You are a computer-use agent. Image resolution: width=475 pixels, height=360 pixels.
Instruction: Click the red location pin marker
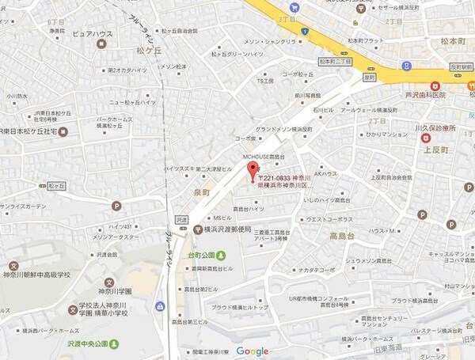click(254, 176)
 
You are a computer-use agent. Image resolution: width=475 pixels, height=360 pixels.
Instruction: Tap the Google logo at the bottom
click(252, 351)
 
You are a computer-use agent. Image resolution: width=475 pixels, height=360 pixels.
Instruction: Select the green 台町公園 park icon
click(221, 256)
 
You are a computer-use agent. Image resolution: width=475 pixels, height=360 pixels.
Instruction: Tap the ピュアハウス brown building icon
click(101, 46)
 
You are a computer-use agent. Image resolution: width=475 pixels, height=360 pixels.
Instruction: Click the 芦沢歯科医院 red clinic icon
click(434, 85)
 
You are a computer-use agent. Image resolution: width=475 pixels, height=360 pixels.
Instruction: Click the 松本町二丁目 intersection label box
click(333, 60)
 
